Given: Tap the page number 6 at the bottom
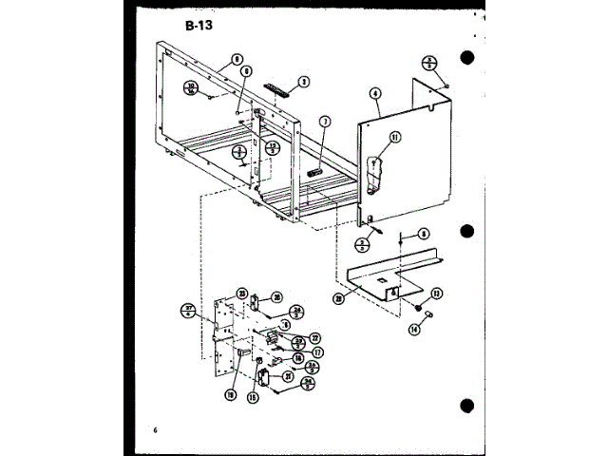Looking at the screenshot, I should click(x=154, y=432).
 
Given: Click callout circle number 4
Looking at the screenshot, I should click(x=376, y=94).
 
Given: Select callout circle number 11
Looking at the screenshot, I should click(x=394, y=137).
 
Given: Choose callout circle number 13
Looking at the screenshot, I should click(x=437, y=294).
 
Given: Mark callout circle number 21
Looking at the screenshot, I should click(x=288, y=376).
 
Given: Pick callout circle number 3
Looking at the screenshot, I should click(x=303, y=82).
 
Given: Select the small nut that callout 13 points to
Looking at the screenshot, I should click(x=418, y=307).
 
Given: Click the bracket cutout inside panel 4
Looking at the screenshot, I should click(x=376, y=166).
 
